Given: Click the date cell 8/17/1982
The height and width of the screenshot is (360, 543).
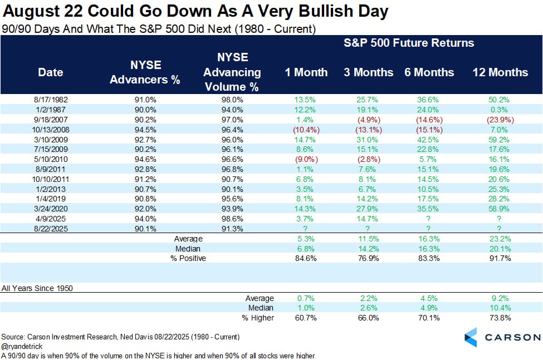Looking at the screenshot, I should tap(50, 100).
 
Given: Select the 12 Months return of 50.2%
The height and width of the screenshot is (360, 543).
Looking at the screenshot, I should tap(500, 100).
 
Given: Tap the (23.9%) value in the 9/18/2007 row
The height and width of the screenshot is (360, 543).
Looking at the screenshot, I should tap(500, 119).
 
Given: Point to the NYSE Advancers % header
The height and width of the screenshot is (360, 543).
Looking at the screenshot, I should tap(145, 72).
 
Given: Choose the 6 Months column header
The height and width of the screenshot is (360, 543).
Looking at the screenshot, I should tap(429, 72).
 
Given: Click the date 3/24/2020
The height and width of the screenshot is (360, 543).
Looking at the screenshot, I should tap(50, 208).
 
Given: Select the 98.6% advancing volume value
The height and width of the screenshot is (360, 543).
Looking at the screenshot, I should tap(232, 218).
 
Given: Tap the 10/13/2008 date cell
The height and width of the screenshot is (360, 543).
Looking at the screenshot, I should tap(50, 129).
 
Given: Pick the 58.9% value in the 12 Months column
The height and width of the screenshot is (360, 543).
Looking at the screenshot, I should tap(500, 208).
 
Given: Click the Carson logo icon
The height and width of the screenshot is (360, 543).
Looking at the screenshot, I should tap(471, 337).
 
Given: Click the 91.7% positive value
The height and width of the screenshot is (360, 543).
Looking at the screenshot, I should tap(500, 258).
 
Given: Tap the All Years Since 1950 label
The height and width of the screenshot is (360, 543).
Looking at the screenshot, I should tap(37, 288).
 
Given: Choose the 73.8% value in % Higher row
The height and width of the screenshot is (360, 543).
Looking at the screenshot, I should tap(500, 318).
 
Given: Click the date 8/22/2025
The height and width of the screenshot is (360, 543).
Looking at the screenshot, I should tap(50, 228).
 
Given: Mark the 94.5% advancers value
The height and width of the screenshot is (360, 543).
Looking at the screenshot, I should tap(145, 129).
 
